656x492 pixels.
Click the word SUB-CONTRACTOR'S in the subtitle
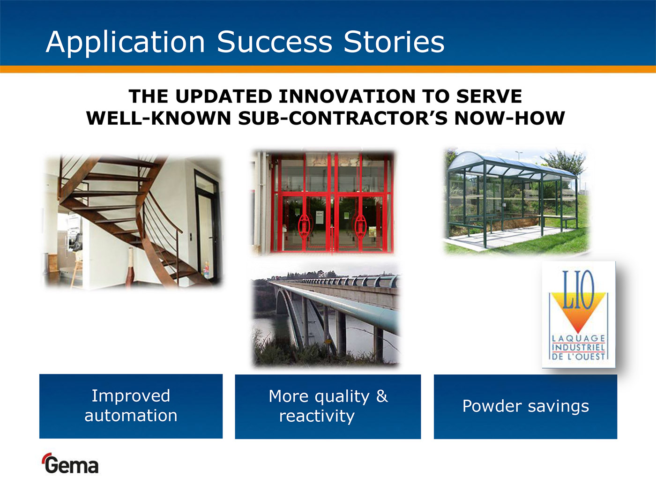pos(343,118)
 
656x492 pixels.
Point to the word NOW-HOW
pos(509,118)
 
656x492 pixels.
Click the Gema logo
pos(71,463)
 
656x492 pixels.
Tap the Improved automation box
pos(131,406)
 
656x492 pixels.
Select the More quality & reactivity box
pos(328,406)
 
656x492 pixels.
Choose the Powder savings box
pos(525,406)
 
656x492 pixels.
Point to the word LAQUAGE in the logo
pos(578,338)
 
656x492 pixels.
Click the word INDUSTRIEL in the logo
pos(578,347)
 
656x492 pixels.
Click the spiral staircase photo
pos(133,222)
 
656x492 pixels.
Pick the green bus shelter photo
pos(516,201)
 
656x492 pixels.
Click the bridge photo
pos(326,315)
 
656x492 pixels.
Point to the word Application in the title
pos(125,43)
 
